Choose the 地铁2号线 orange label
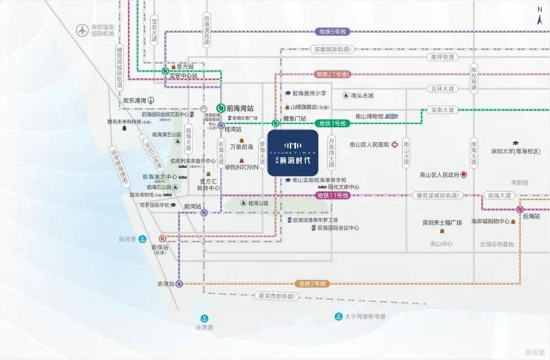311,283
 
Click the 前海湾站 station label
239,107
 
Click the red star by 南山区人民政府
464,176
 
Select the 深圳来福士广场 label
442,222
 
